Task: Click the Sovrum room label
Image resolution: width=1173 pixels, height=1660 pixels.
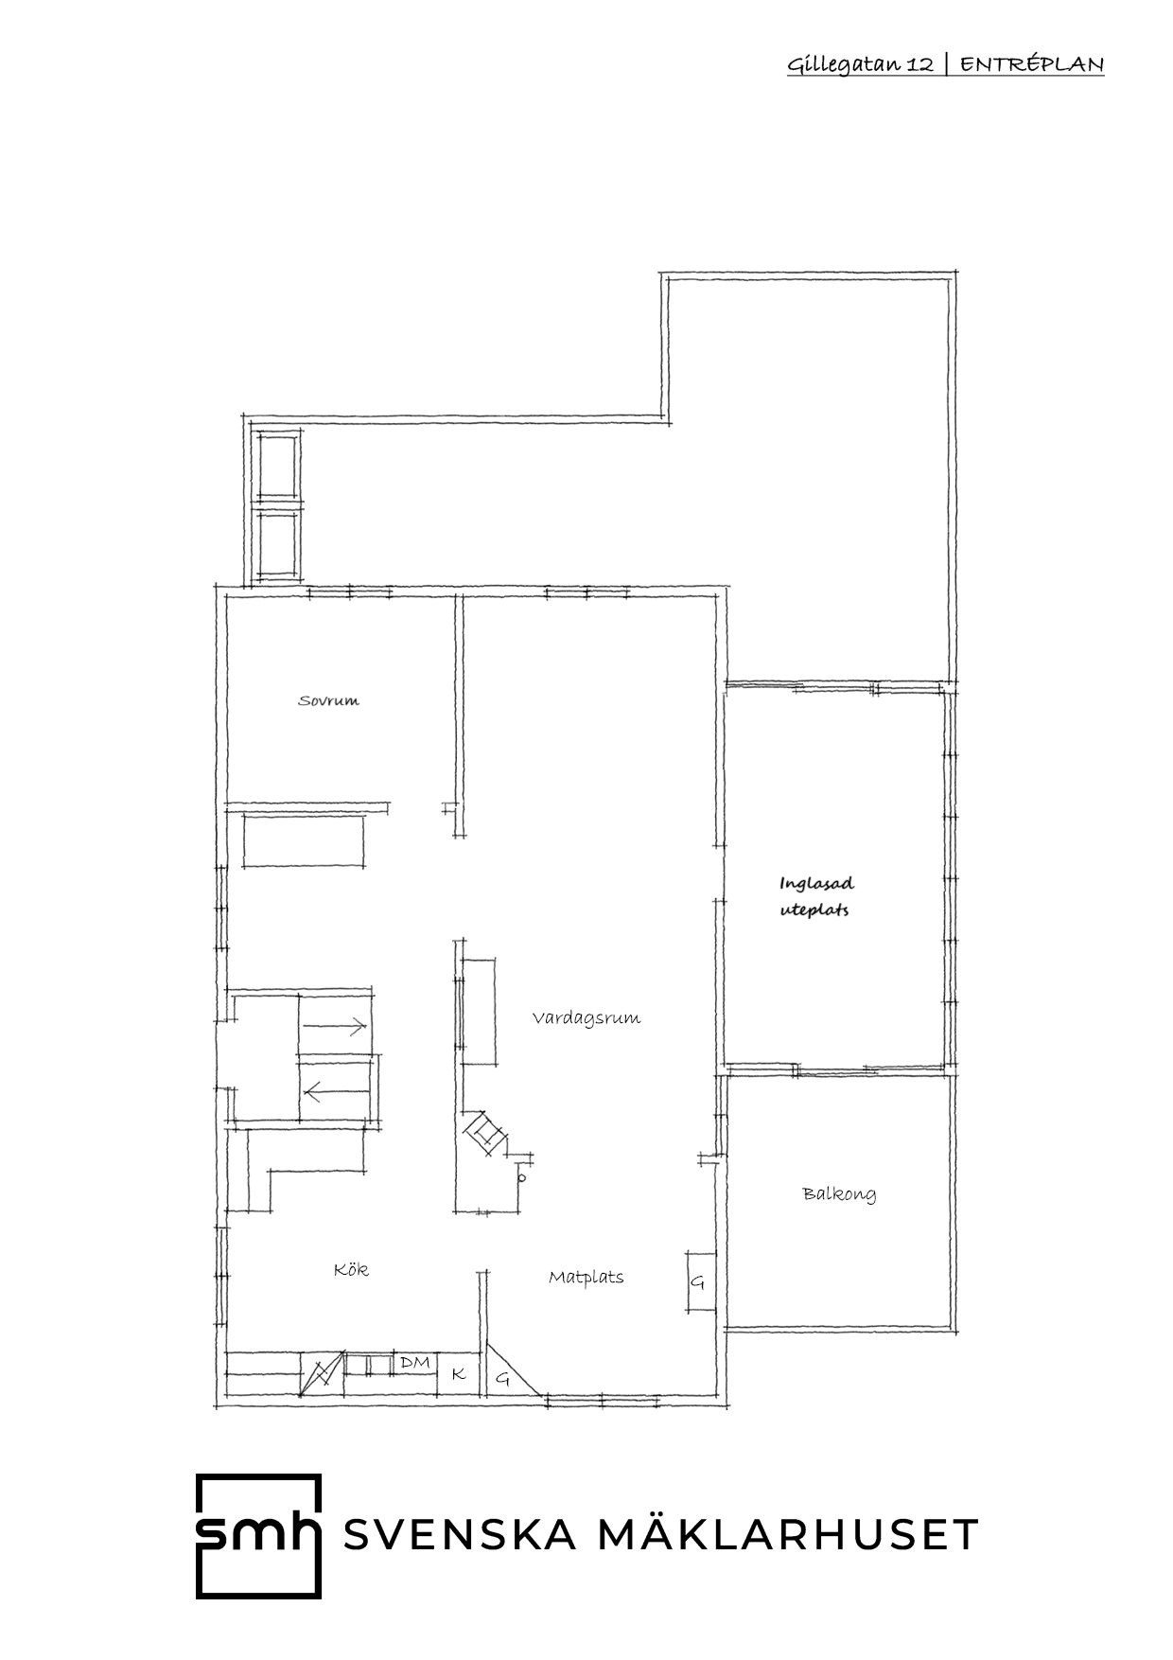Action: pos(329,701)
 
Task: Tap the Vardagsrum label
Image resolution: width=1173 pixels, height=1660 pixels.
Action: pos(586,1018)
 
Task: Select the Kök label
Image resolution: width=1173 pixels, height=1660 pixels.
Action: pos(351,1269)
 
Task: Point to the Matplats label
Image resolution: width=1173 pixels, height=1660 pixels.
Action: pos(586,1277)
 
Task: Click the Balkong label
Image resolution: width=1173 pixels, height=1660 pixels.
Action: pos(839,1193)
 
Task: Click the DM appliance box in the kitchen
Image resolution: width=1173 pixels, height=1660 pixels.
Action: pos(415,1363)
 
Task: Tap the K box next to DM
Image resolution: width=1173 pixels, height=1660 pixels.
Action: pos(459,1374)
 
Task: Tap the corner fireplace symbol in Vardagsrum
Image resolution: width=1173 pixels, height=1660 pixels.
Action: pos(485,1134)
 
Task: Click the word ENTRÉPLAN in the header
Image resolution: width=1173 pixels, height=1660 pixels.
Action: pos(1033,64)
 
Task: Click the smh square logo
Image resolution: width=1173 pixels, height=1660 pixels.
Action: pos(257,1535)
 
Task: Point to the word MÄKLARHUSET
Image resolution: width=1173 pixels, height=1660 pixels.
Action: pos(789,1534)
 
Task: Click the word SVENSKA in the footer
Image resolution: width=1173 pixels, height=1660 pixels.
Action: pos(460,1535)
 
